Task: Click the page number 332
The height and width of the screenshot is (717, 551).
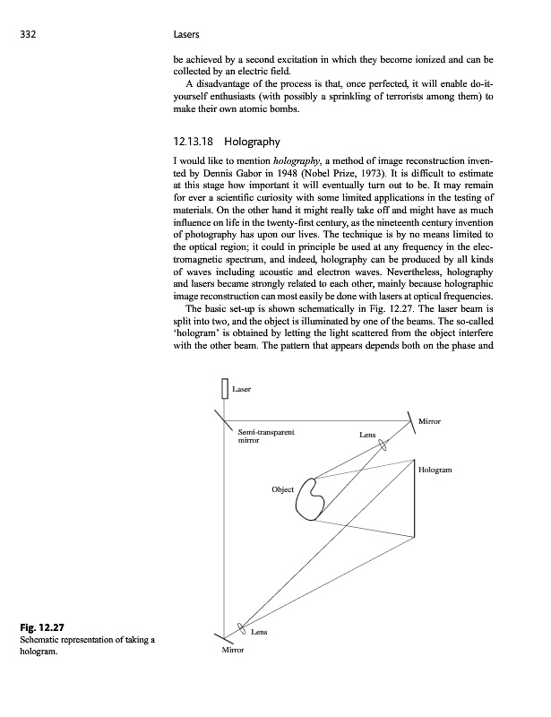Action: [x=30, y=36]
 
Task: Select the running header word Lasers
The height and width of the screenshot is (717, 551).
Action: [x=184, y=36]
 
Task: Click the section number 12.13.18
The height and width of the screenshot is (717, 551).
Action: [x=193, y=142]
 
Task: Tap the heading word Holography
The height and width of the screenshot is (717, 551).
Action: [x=253, y=142]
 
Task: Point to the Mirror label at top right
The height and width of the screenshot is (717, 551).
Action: [x=430, y=420]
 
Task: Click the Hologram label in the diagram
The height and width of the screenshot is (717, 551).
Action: [x=435, y=470]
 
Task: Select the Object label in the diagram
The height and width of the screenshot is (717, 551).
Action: [x=283, y=490]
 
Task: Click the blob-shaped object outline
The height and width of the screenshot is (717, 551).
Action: [x=310, y=499]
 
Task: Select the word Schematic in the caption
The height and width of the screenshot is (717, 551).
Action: [x=41, y=639]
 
